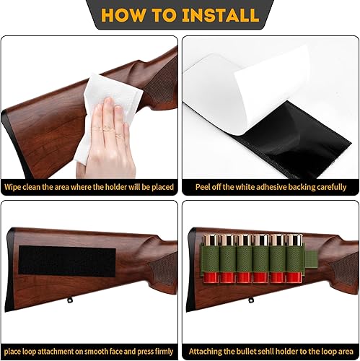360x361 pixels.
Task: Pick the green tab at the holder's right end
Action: [312, 264]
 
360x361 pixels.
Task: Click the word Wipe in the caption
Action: [16, 187]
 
